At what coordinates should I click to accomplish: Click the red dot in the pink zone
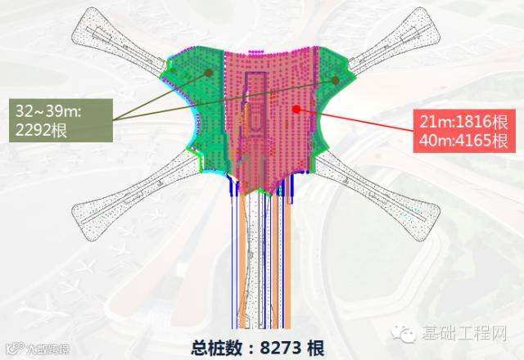coord(296,108)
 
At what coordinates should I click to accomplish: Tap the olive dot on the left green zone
coord(209,73)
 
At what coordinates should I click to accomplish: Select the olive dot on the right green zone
coord(335,80)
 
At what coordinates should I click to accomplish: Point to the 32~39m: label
coord(48,109)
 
